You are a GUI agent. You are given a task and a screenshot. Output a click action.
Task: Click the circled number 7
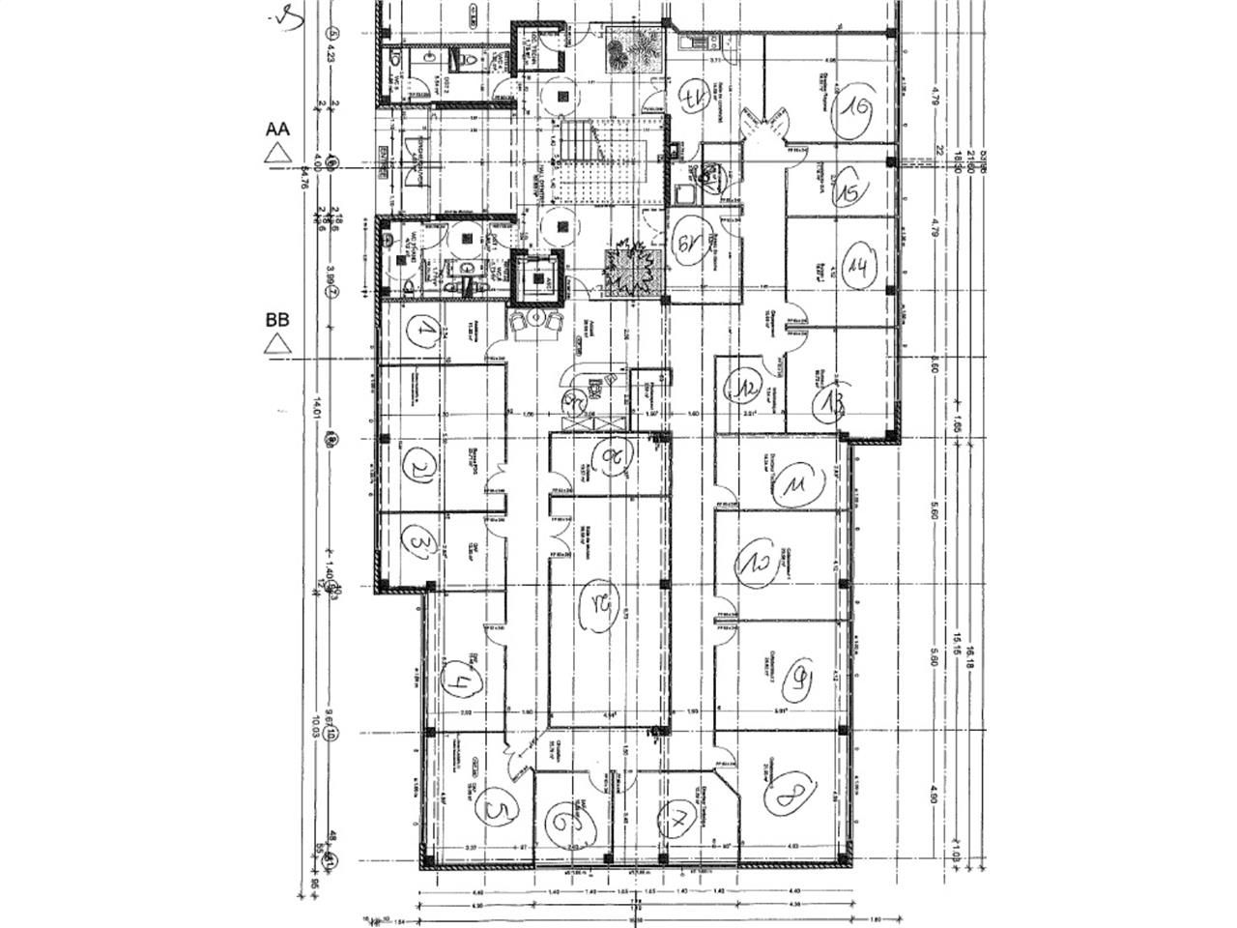pos(677,821)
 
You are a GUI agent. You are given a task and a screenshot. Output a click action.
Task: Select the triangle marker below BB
pos(278,342)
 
